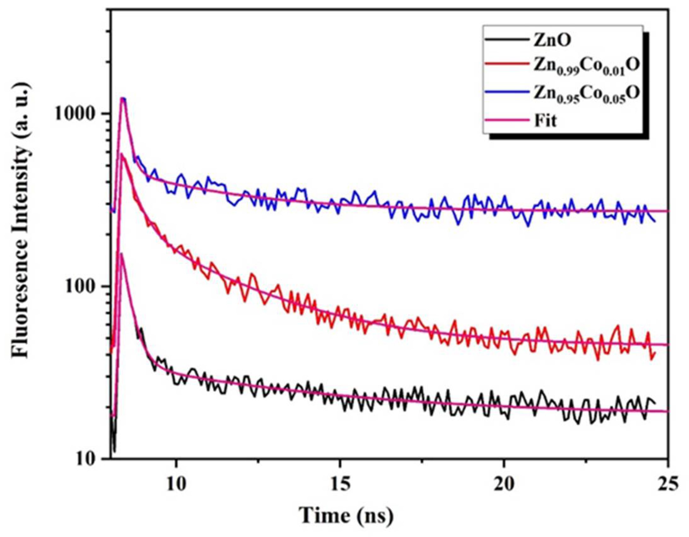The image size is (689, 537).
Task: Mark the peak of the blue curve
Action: [123, 98]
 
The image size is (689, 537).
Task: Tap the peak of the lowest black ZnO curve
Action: [121, 253]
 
